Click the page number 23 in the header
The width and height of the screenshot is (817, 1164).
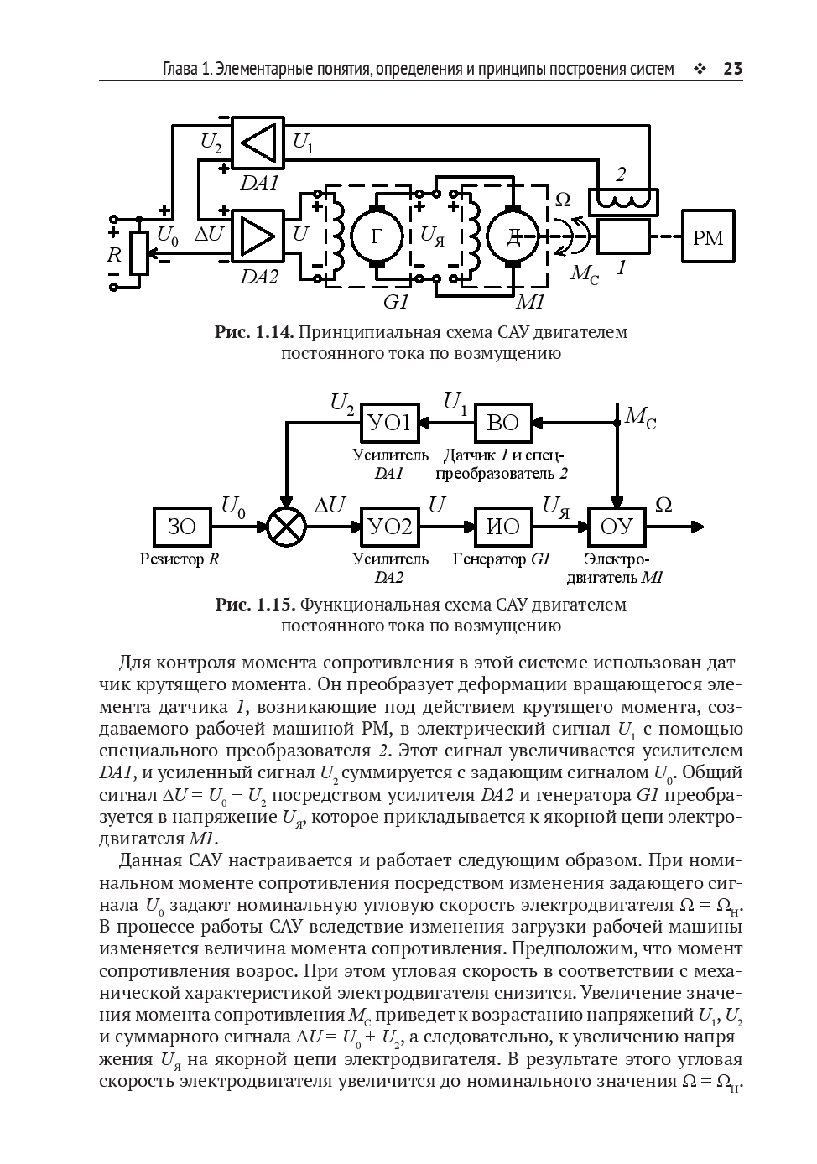click(732, 69)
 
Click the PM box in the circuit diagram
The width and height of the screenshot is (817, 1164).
click(708, 238)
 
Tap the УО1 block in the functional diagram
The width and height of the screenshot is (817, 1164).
click(390, 423)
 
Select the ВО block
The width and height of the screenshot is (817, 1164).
click(503, 423)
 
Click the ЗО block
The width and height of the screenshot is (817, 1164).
click(182, 527)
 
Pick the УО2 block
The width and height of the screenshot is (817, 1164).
click(390, 527)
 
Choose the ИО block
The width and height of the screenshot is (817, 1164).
click(503, 527)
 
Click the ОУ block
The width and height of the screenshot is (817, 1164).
click(617, 527)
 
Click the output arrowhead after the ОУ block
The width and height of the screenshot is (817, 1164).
click(696, 527)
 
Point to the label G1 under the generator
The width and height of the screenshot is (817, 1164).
click(395, 301)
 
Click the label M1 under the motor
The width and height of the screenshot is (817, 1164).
click(530, 301)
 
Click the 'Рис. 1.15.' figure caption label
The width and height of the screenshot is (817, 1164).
click(254, 605)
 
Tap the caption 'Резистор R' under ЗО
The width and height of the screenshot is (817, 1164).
click(180, 559)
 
